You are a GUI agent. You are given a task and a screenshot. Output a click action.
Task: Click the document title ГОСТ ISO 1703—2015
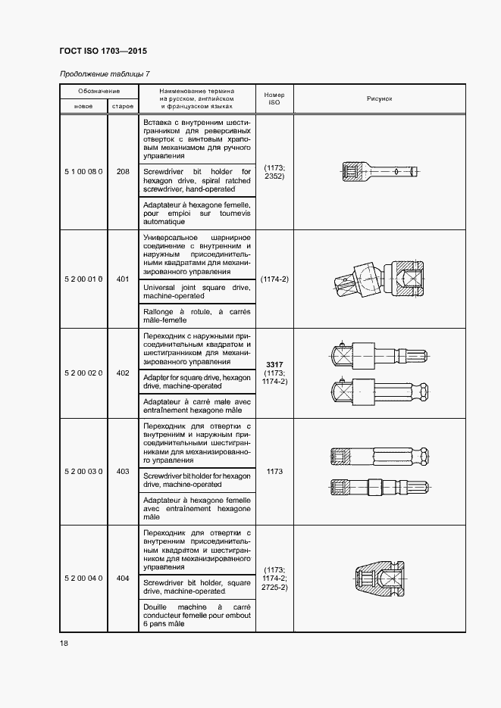click(103, 51)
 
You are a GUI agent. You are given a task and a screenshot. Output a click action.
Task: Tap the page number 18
click(64, 643)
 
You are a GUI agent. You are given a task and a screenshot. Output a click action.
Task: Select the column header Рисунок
click(379, 98)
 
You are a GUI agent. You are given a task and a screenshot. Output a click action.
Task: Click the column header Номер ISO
click(274, 98)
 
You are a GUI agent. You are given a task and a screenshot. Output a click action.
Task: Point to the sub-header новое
click(83, 107)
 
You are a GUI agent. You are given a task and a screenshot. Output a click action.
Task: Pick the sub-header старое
click(123, 107)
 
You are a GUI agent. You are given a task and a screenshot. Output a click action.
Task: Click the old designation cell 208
click(123, 171)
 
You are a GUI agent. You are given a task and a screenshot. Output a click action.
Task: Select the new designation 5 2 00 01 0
click(83, 279)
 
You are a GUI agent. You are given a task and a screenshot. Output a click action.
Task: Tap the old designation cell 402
click(123, 373)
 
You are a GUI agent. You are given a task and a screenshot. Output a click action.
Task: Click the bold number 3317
click(274, 364)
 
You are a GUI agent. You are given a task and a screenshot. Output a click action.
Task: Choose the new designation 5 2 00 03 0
click(83, 471)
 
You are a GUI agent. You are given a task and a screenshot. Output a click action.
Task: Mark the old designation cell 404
click(123, 579)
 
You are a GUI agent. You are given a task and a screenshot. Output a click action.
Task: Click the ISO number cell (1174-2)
click(274, 279)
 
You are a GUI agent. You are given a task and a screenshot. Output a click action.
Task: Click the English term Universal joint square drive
click(196, 292)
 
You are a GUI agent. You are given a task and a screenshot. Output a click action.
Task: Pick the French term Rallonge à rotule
click(196, 316)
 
